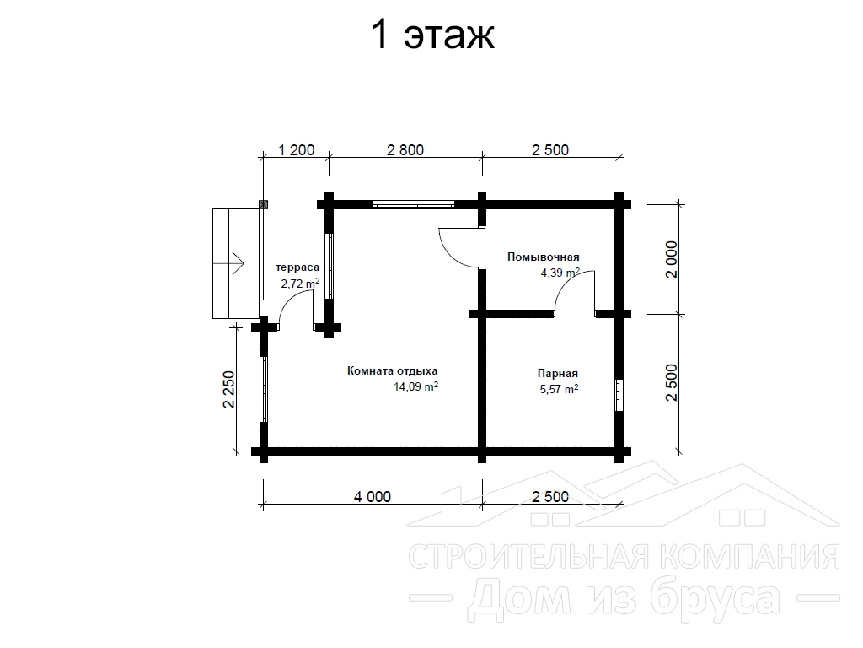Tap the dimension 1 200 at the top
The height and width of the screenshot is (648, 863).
pyautogui.click(x=296, y=150)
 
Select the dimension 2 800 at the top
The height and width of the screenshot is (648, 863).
pyautogui.click(x=405, y=150)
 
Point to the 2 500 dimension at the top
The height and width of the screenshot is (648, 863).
pyautogui.click(x=550, y=150)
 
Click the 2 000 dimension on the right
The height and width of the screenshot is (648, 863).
pyautogui.click(x=672, y=259)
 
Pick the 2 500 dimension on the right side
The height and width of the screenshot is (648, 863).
pyautogui.click(x=672, y=382)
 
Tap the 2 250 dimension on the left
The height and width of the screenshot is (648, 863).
pyautogui.click(x=228, y=389)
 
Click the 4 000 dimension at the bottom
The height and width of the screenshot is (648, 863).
pyautogui.click(x=372, y=496)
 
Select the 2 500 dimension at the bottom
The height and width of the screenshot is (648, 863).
pyautogui.click(x=550, y=496)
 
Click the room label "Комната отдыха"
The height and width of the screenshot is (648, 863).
pyautogui.click(x=393, y=371)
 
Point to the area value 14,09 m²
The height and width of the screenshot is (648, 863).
pyautogui.click(x=415, y=386)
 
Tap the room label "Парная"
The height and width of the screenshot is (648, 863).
pyautogui.click(x=558, y=374)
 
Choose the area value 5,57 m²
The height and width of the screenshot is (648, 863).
pyautogui.click(x=560, y=389)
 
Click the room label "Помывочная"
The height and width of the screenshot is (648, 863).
pyautogui.click(x=544, y=256)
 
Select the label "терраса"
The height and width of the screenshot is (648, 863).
pyautogui.click(x=297, y=267)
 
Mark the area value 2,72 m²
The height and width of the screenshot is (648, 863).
pyautogui.click(x=301, y=283)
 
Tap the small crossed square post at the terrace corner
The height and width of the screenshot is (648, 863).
pyautogui.click(x=264, y=204)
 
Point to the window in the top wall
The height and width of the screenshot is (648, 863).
pyautogui.click(x=413, y=204)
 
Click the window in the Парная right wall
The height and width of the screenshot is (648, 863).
pyautogui.click(x=619, y=395)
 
